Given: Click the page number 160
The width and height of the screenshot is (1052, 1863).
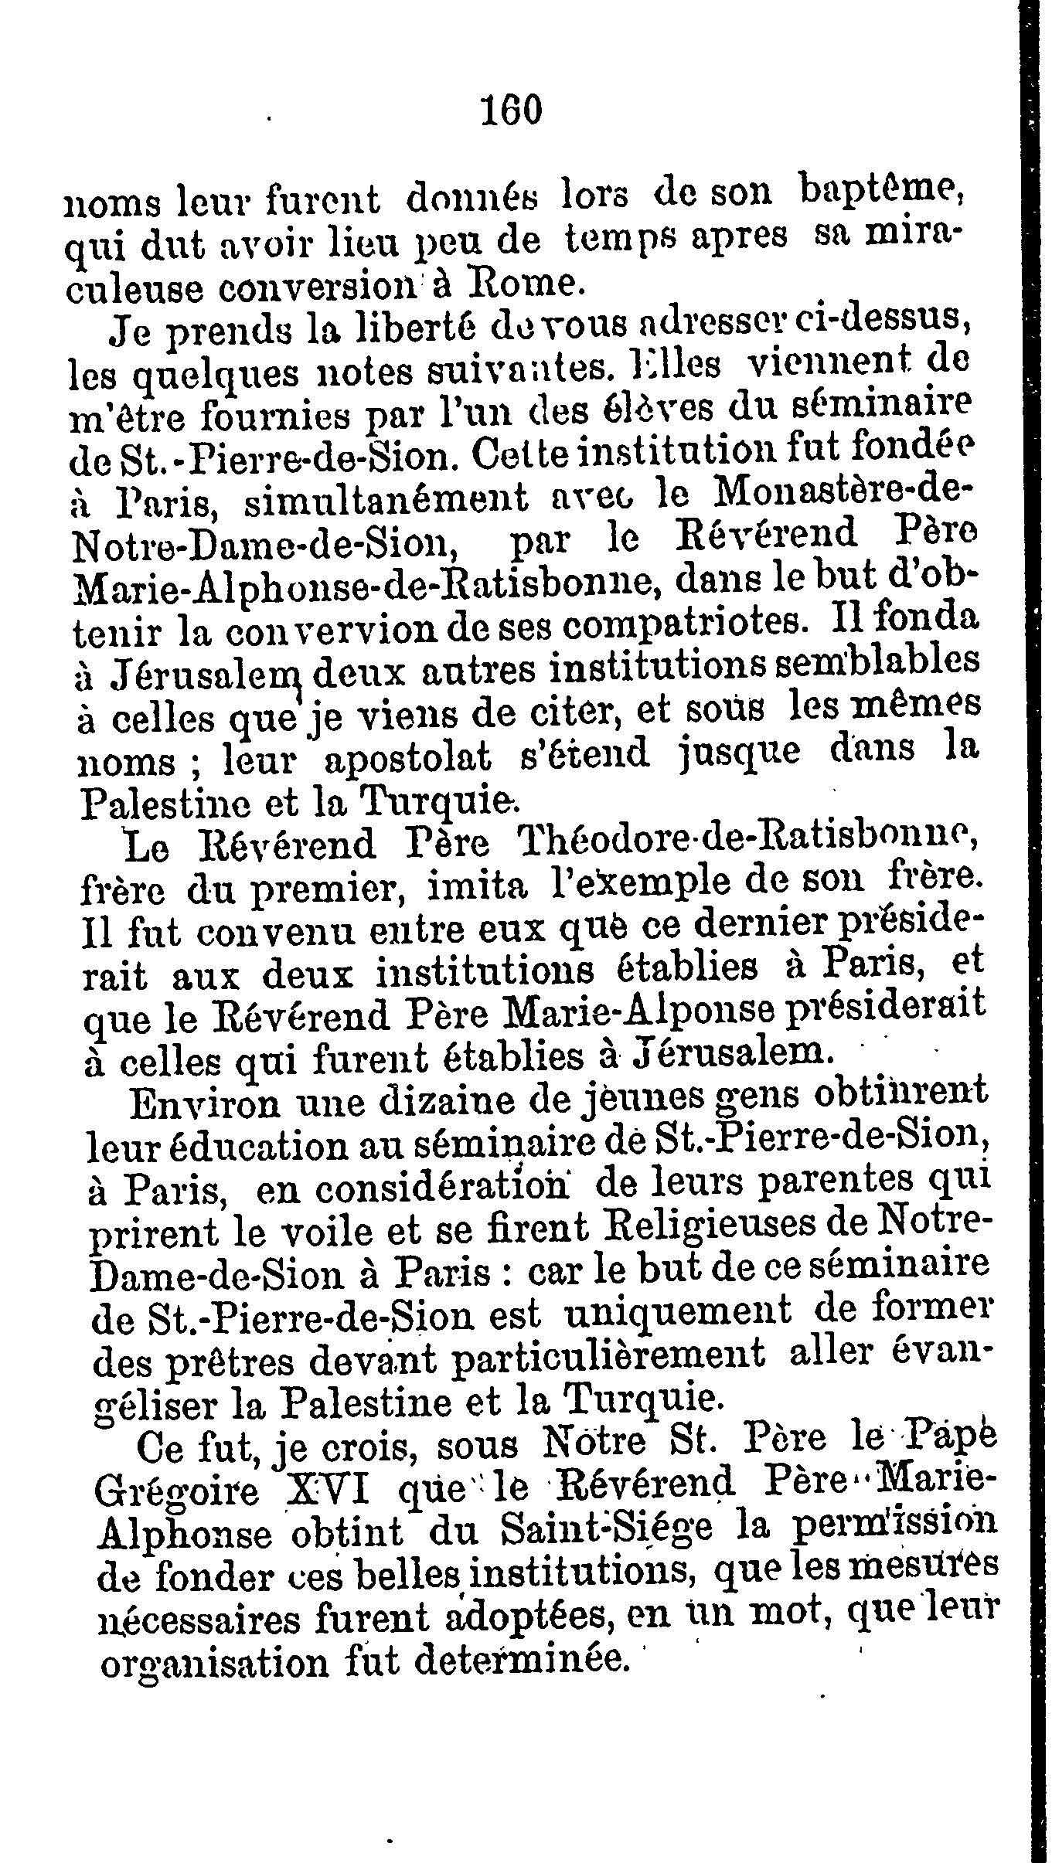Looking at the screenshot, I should (512, 110).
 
